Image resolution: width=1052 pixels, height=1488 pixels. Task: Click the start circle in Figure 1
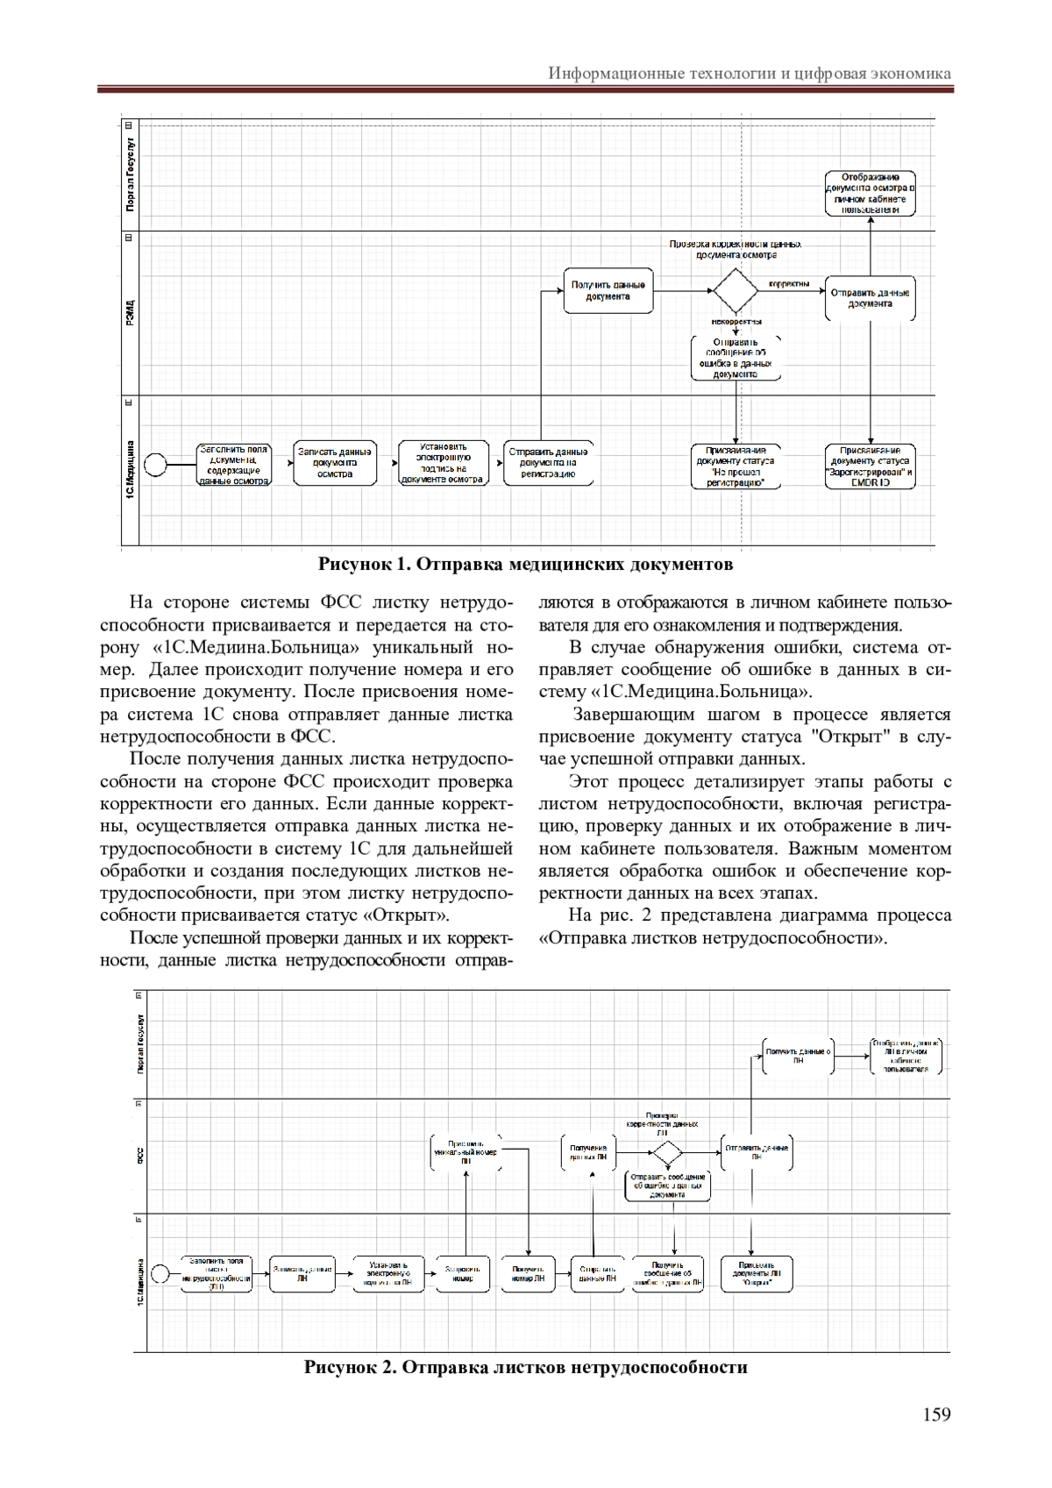[156, 463]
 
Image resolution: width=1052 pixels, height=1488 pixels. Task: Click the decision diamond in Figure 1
[735, 290]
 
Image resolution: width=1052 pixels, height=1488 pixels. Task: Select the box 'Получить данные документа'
[608, 290]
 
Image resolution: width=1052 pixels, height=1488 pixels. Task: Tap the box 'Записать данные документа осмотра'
[335, 463]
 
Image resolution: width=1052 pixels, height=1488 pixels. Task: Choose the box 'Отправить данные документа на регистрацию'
[549, 463]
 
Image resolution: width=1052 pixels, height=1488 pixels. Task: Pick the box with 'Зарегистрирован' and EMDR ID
[871, 466]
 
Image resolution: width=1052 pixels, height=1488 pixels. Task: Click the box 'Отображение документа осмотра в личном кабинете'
[871, 193]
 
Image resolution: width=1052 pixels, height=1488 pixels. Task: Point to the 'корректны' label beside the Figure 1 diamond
[789, 283]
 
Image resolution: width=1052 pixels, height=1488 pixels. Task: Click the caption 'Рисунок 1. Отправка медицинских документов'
[525, 564]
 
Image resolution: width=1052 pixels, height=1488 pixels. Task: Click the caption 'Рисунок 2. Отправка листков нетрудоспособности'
[525, 1367]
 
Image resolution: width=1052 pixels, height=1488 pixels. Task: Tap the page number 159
[936, 1413]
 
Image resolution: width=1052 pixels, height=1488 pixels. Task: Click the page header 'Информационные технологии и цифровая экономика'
[750, 73]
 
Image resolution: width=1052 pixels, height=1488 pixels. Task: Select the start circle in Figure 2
[160, 1273]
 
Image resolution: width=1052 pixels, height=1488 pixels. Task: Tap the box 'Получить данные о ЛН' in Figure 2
[798, 1055]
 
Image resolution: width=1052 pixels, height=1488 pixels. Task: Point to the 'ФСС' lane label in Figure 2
[140, 1156]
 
